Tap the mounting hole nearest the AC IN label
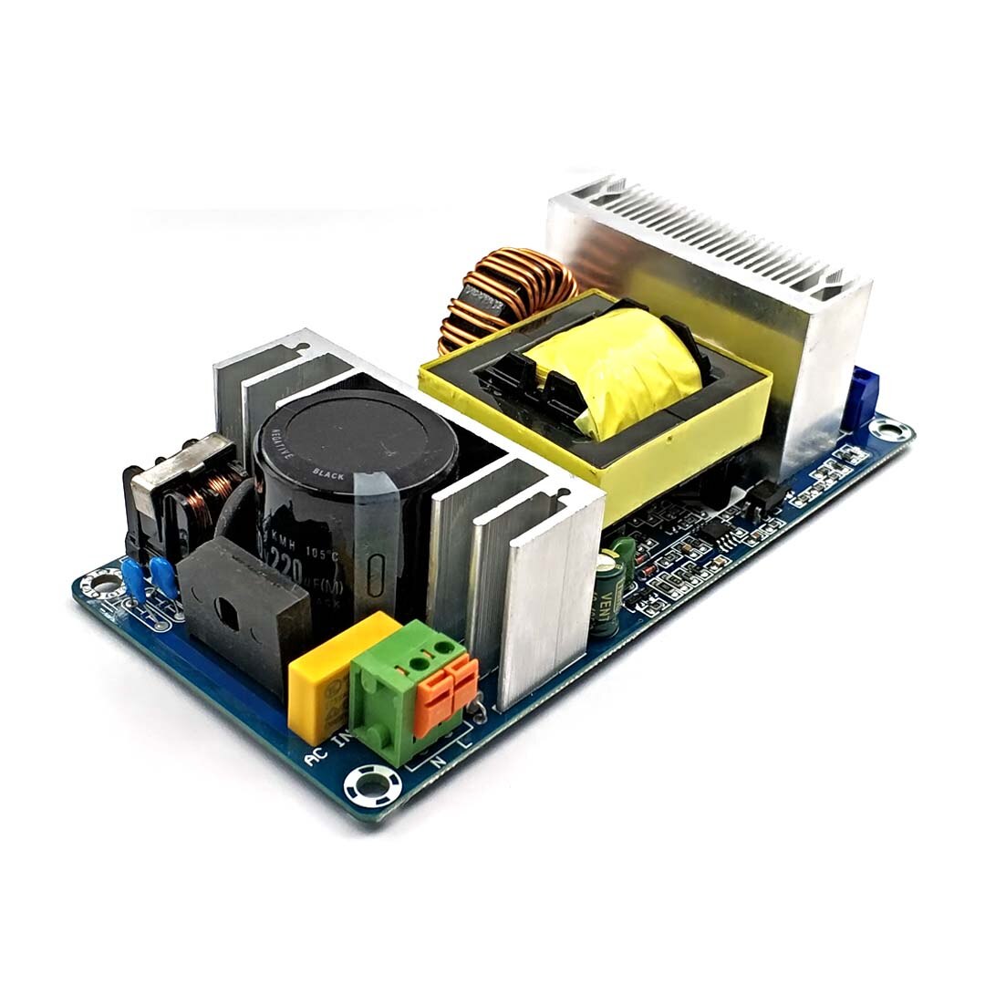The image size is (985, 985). coord(372,783)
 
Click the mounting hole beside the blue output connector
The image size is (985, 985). coord(882,427)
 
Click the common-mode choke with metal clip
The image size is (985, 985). coord(182,493)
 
